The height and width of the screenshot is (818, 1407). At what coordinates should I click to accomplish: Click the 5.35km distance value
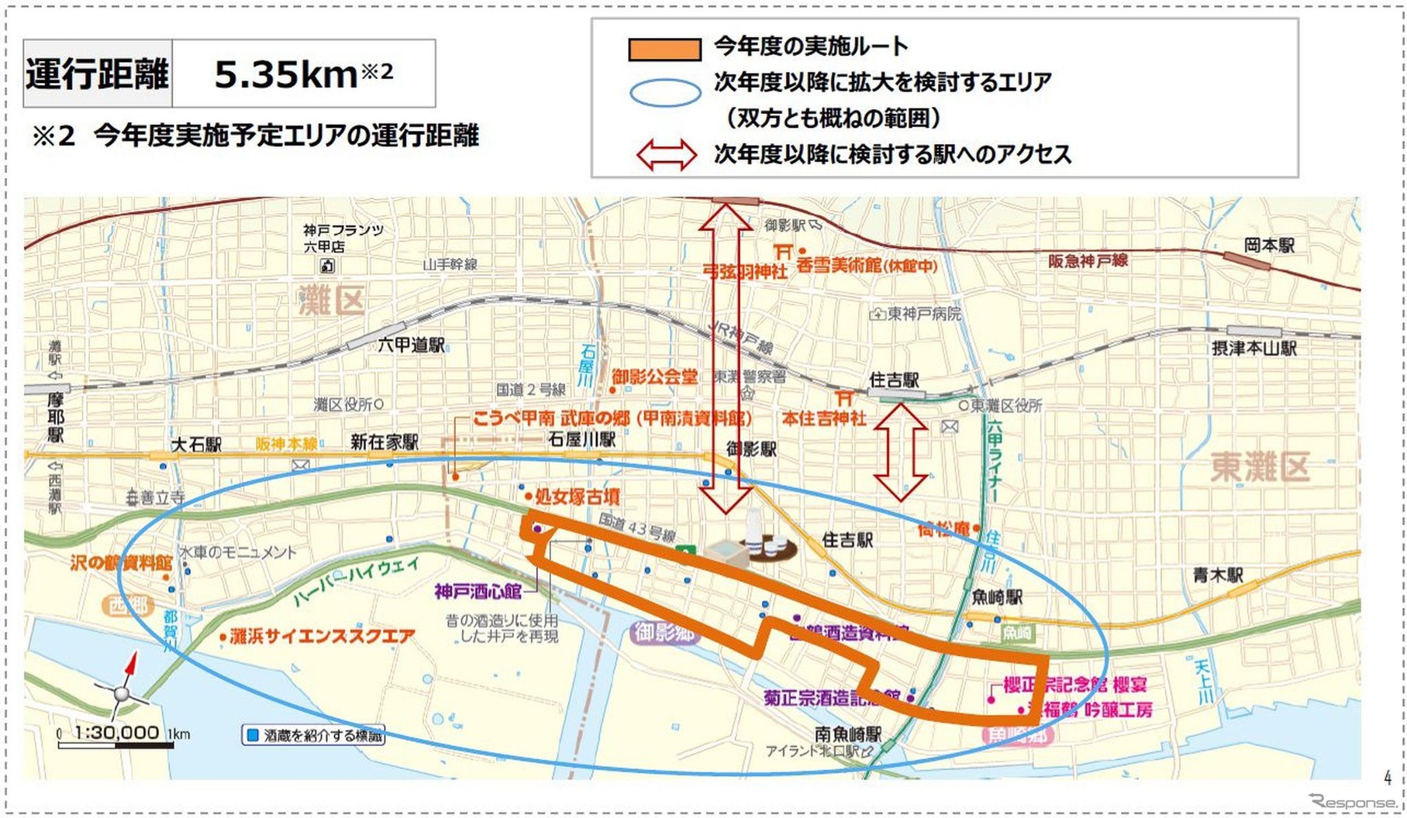[285, 74]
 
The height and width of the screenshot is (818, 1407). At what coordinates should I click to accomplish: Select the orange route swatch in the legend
[664, 49]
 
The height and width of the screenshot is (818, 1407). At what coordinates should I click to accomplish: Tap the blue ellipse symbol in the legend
[664, 93]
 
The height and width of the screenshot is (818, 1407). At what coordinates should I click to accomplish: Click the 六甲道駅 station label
[411, 345]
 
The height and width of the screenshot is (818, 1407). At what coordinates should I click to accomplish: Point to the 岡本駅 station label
[1269, 246]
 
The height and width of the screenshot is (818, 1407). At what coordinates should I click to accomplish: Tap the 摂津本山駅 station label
[1254, 349]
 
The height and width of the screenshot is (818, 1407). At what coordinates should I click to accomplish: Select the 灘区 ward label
[332, 301]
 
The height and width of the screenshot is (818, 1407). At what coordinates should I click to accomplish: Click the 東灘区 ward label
[1260, 467]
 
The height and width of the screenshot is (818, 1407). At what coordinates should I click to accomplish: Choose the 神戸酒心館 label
[478, 592]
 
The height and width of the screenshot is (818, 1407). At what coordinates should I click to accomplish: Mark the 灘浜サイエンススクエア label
[322, 637]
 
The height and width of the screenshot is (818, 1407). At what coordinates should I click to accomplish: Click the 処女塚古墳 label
[577, 497]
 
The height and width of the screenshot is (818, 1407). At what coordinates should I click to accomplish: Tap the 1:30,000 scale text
[116, 732]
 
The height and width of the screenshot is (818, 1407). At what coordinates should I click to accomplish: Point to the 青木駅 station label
[1217, 576]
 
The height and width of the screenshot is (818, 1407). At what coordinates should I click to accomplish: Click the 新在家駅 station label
[384, 442]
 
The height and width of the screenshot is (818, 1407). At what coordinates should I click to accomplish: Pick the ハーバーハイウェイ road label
[356, 580]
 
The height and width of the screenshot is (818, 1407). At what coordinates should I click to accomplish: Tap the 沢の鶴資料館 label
[120, 562]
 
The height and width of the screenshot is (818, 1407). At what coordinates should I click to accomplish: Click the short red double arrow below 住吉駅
[901, 452]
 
